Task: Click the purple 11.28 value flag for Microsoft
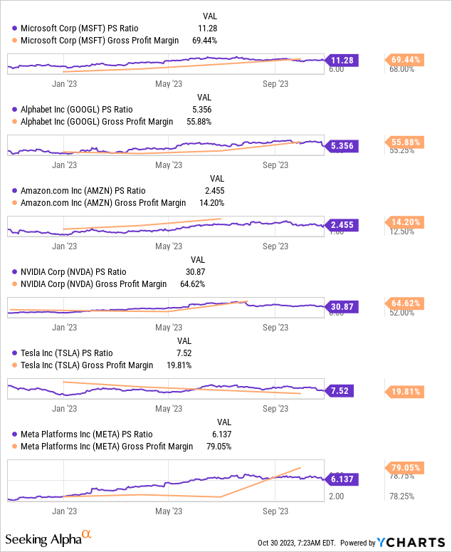[x=342, y=61]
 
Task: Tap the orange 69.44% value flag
[x=404, y=60]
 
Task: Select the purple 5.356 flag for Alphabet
[x=342, y=146]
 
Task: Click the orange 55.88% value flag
[x=404, y=142]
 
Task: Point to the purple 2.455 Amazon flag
[x=342, y=225]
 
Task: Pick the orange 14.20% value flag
[x=404, y=222]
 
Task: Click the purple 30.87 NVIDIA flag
[x=342, y=307]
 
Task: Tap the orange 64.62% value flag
[x=404, y=303]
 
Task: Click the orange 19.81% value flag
[x=404, y=391]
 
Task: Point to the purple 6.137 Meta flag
[x=342, y=479]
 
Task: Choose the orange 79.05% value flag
[x=404, y=467]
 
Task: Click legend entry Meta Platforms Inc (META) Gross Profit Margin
[x=106, y=447]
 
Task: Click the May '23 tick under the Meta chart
[x=168, y=511]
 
